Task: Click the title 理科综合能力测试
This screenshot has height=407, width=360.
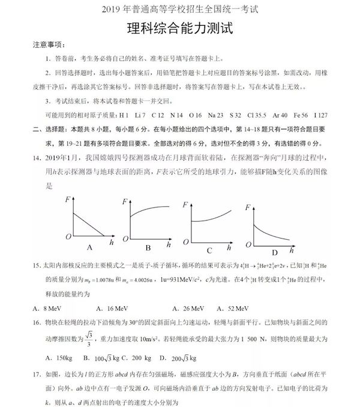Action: coord(179,29)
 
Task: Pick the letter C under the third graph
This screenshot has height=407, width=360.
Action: coord(209,251)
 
